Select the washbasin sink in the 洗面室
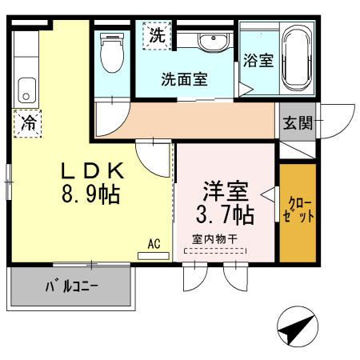(x=212, y=42)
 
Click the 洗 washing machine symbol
(x=158, y=34)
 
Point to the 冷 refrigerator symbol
(x=28, y=124)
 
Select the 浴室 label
(x=258, y=61)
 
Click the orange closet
(x=298, y=212)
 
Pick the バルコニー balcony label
(x=71, y=286)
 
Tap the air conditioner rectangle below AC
(x=154, y=256)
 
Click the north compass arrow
(x=296, y=326)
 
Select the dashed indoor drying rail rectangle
(x=217, y=250)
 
